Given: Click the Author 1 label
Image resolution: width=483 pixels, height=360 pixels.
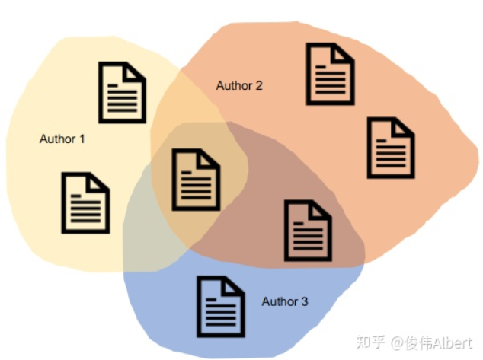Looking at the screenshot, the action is pos(62,139).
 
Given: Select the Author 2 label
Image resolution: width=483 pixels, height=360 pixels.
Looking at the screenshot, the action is pos(239,85).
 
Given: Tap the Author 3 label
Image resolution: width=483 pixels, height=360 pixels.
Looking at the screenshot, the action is pos(285,302).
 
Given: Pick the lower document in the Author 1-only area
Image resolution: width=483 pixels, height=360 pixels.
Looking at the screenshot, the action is pos(85,203).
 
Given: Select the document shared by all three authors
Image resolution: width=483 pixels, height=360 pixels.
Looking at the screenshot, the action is pos(196,180).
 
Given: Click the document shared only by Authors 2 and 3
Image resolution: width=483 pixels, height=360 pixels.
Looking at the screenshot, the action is pos(308,230).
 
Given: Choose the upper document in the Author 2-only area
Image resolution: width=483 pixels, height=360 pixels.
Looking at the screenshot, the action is pos(330,74).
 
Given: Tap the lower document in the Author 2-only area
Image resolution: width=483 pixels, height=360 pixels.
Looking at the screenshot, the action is pos(391,147).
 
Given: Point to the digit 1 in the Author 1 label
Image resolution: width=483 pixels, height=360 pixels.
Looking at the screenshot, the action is pos(82,139).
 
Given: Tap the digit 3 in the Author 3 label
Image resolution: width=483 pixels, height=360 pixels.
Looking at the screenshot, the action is pos(305,302).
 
